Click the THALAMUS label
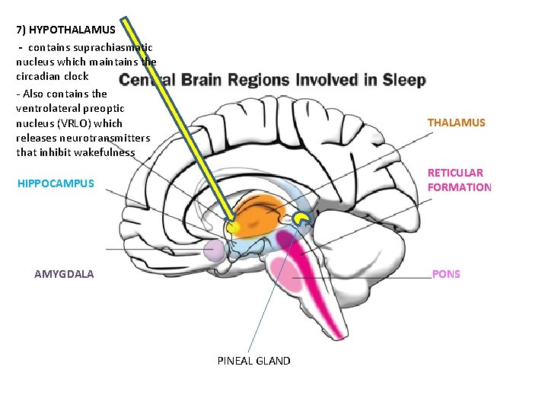456,123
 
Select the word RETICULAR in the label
455,173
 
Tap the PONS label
446,274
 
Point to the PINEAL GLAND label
253,361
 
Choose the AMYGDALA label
64,274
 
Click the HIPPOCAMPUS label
56,183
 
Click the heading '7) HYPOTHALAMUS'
66,30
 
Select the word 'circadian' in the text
40,76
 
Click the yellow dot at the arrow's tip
233,227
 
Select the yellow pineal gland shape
303,220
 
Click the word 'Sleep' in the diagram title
403,80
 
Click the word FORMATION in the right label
459,187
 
